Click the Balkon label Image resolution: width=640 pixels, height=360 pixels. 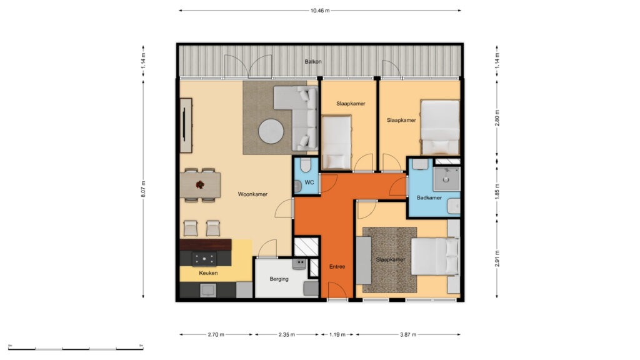pos(313,62)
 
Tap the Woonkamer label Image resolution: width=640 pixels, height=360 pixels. pos(252,194)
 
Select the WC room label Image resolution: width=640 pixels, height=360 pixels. pos(309,182)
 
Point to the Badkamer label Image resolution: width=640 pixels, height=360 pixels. pos(429,197)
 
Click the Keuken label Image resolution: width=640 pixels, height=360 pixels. pos(208,273)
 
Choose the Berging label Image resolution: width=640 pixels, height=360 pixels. pos(279,279)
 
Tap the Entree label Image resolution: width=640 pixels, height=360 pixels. pos(337,266)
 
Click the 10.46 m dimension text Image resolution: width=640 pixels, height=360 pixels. pos(320,11)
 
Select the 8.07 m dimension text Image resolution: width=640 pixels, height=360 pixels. pos(143,189)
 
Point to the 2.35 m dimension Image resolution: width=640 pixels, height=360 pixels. pos(286,335)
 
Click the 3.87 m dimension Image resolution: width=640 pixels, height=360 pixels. pos(407,335)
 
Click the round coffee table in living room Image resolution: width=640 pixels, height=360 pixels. pos(271,131)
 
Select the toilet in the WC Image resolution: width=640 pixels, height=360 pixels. pos(305,165)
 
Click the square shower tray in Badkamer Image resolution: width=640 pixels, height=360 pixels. pos(446,179)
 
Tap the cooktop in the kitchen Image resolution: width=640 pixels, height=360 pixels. pos(204,258)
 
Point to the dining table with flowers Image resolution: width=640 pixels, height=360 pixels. pos(201,185)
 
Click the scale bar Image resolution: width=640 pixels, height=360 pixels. pos(76,349)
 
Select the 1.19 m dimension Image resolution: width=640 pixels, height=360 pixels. pos(337,335)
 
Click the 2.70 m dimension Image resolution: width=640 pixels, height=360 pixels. pos(216,335)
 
